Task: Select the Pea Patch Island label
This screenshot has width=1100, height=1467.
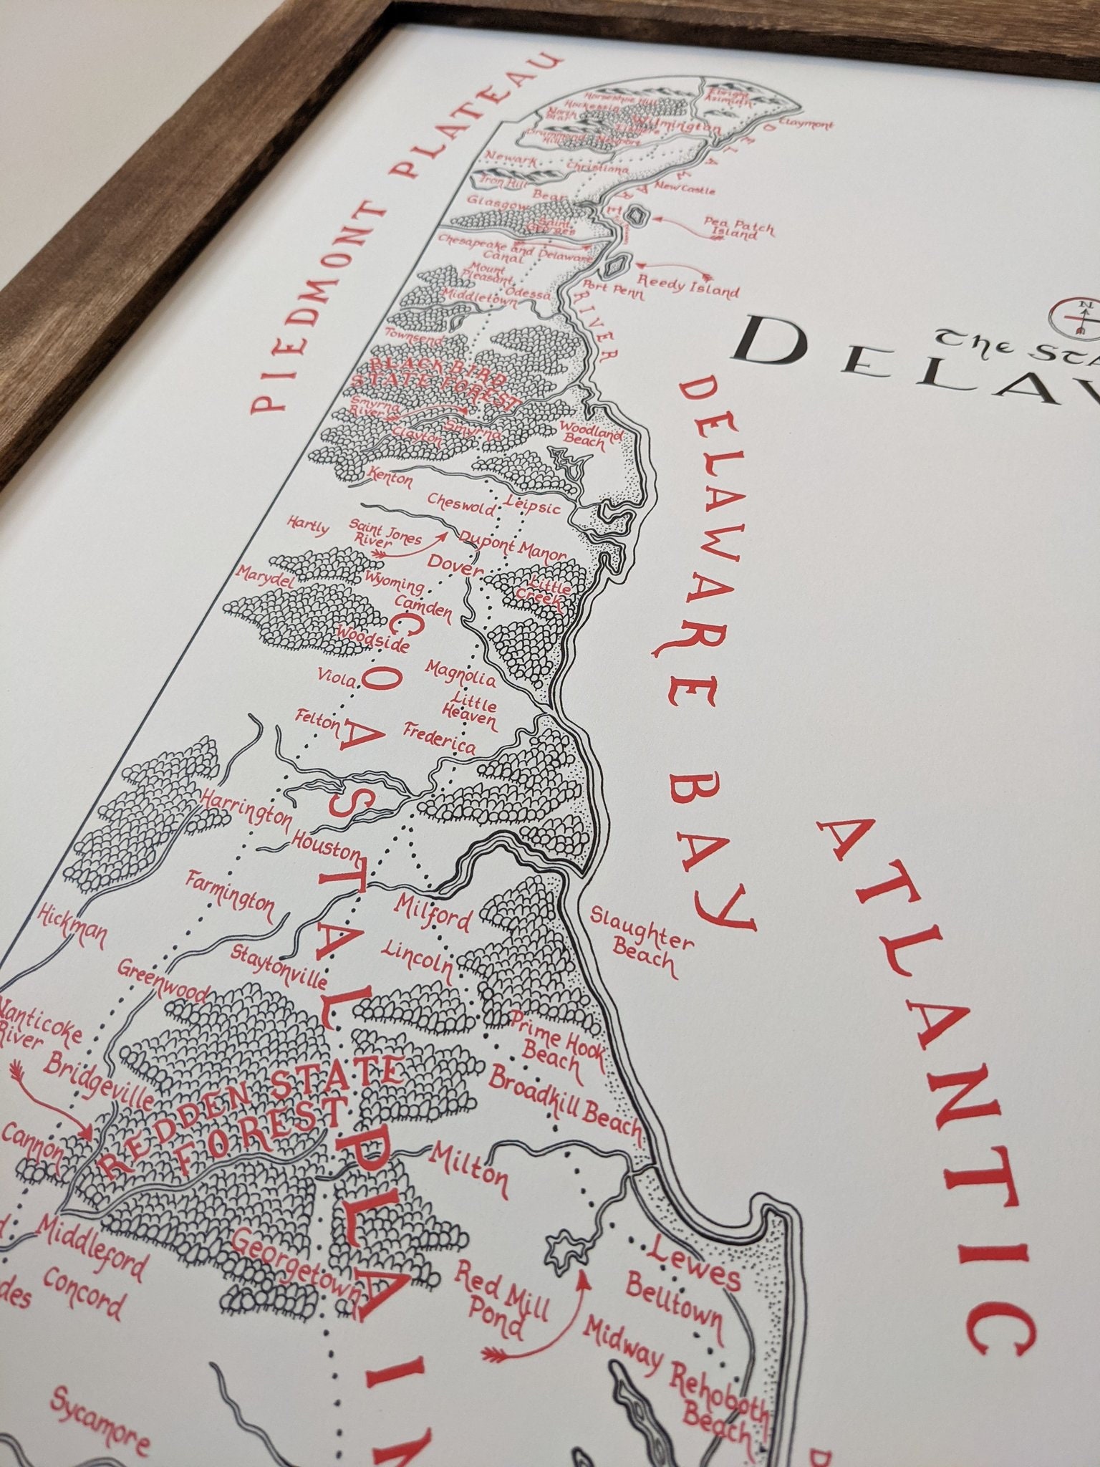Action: (739, 228)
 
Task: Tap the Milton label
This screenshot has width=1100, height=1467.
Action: (468, 1167)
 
